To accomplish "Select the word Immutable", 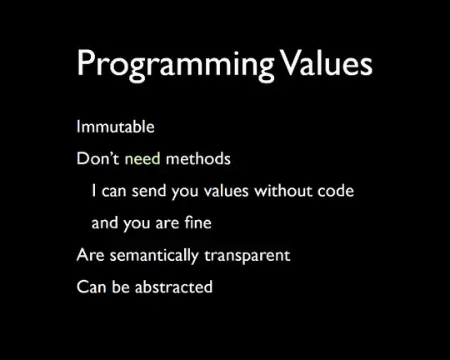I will tap(115, 127).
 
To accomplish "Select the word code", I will tap(336, 191).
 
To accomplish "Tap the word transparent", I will tap(248, 256).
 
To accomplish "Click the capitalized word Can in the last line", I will tap(90, 287).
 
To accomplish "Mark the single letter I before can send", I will tap(94, 191).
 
